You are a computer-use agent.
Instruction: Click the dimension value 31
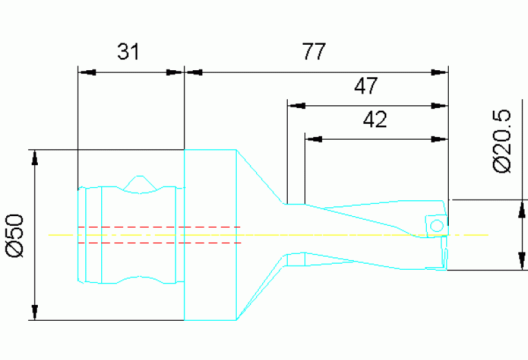click(x=128, y=52)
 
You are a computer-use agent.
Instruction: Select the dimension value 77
click(x=314, y=52)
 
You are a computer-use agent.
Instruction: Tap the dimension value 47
click(x=366, y=85)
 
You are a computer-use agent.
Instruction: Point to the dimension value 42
click(x=374, y=119)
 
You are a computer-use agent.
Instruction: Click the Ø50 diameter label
click(x=15, y=235)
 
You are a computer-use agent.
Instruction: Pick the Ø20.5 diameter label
click(x=502, y=141)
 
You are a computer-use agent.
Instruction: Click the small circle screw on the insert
click(x=436, y=226)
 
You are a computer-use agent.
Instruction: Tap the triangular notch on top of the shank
click(x=140, y=183)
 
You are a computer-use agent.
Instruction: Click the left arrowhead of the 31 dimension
click(x=87, y=72)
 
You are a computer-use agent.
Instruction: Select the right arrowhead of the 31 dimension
click(x=175, y=72)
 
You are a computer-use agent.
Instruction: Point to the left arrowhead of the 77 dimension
click(x=194, y=72)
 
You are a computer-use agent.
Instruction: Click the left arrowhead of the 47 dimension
click(x=297, y=106)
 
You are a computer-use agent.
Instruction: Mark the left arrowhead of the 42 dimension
click(x=314, y=139)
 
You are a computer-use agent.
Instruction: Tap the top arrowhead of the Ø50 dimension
click(x=34, y=158)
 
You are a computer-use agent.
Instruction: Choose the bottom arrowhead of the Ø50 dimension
click(x=34, y=313)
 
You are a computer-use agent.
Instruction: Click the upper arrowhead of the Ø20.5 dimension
click(x=522, y=209)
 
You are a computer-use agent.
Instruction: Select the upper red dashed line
click(x=159, y=227)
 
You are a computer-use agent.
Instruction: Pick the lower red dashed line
click(x=159, y=242)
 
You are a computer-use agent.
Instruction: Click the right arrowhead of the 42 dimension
click(x=439, y=139)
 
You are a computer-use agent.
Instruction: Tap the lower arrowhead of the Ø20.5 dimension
click(x=522, y=261)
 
